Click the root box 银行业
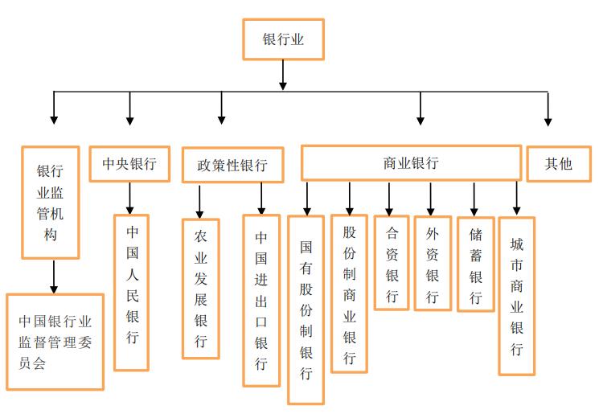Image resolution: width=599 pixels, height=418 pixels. point(283,39)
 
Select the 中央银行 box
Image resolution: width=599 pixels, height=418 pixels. point(129,164)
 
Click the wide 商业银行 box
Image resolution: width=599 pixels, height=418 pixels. point(411,162)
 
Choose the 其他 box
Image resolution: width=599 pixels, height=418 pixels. point(558,163)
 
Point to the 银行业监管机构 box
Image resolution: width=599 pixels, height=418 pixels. point(50,203)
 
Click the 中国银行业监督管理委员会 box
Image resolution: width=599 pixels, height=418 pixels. point(55,342)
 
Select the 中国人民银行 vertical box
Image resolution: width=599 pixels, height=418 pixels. point(131,292)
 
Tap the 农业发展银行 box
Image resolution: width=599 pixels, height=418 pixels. point(201,289)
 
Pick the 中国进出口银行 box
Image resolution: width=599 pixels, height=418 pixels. point(261,300)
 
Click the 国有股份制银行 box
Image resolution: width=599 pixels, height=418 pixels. point(306,309)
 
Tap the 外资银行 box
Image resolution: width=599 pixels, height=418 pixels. point(433,263)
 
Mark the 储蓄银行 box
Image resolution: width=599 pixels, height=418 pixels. point(475,264)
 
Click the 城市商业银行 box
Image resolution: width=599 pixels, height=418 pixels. point(516,296)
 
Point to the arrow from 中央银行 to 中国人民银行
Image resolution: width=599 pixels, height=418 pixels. point(129,198)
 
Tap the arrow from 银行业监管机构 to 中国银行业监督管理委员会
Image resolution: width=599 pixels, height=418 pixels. point(53,277)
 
